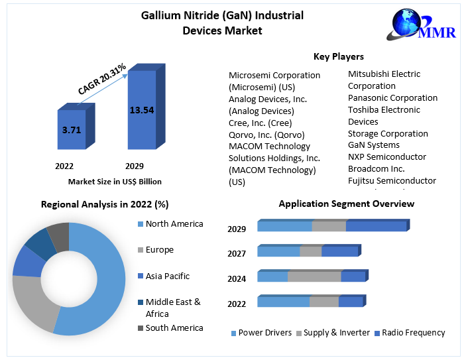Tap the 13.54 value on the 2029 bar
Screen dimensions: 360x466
[x=141, y=110]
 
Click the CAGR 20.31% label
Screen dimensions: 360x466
[x=102, y=77]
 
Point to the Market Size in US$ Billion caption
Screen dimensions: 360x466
[x=115, y=181]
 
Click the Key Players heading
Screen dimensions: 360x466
[x=338, y=56]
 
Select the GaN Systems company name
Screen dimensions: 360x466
[x=374, y=145]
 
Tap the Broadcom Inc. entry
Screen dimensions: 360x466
[x=376, y=168]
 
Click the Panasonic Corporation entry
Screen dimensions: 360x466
[x=392, y=97]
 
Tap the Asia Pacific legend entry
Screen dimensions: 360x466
[x=167, y=276]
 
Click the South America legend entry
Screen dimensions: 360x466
[x=174, y=328]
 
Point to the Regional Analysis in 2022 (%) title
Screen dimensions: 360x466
[x=105, y=204]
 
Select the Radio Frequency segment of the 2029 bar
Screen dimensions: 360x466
[x=376, y=227]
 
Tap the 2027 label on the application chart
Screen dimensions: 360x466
[x=237, y=253]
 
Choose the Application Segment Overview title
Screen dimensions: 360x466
[x=346, y=204]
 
